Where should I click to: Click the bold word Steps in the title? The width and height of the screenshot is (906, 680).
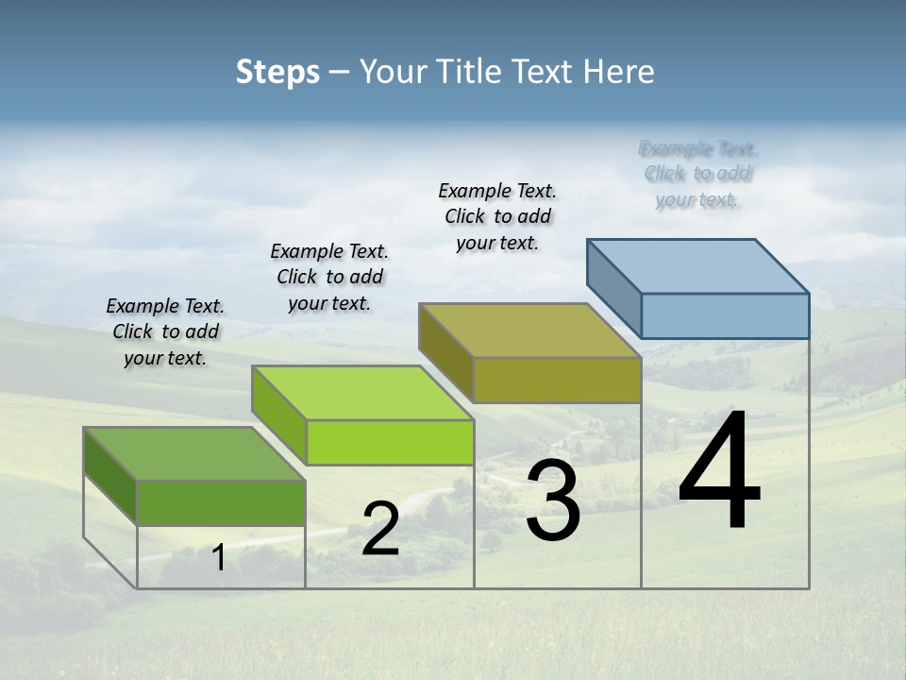coord(277,72)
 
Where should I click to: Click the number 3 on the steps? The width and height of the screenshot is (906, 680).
coord(553,501)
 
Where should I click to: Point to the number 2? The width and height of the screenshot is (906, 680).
coord(380,530)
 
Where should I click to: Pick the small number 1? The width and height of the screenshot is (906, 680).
coord(218,558)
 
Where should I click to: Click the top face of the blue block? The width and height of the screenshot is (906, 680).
coord(698,265)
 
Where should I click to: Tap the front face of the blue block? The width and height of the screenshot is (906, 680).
coord(725,315)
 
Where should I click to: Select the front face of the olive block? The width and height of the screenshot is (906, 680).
coord(557,380)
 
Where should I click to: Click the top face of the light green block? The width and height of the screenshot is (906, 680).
coord(362,393)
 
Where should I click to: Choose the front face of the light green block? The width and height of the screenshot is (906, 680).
coord(390,442)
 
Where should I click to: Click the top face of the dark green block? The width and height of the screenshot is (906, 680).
coord(194,454)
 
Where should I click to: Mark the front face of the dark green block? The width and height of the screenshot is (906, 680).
coord(221,502)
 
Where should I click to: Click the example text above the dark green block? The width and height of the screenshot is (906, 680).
coord(165,331)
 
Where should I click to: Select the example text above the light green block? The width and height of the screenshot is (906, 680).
coord(329,277)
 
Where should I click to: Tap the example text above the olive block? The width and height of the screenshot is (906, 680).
coord(497,216)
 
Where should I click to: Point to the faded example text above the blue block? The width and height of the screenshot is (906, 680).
coord(698,174)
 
